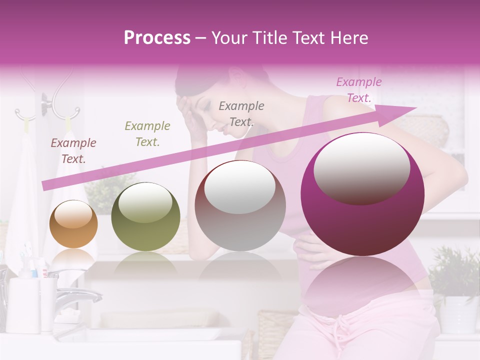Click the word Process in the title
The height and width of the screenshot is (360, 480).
point(157,38)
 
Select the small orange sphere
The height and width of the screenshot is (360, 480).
point(73,224)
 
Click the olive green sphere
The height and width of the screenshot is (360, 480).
point(145,217)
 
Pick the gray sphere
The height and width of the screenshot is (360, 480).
point(240,206)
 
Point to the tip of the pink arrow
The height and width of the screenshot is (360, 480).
point(416,108)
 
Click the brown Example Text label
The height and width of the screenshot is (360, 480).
point(73,151)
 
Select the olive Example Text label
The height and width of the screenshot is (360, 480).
point(147,134)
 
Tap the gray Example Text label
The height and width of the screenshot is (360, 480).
point(241,113)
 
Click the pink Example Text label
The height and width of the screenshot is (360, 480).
point(358,90)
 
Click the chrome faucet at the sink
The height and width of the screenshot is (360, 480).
point(75,295)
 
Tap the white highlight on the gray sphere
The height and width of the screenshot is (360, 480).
point(240,187)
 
